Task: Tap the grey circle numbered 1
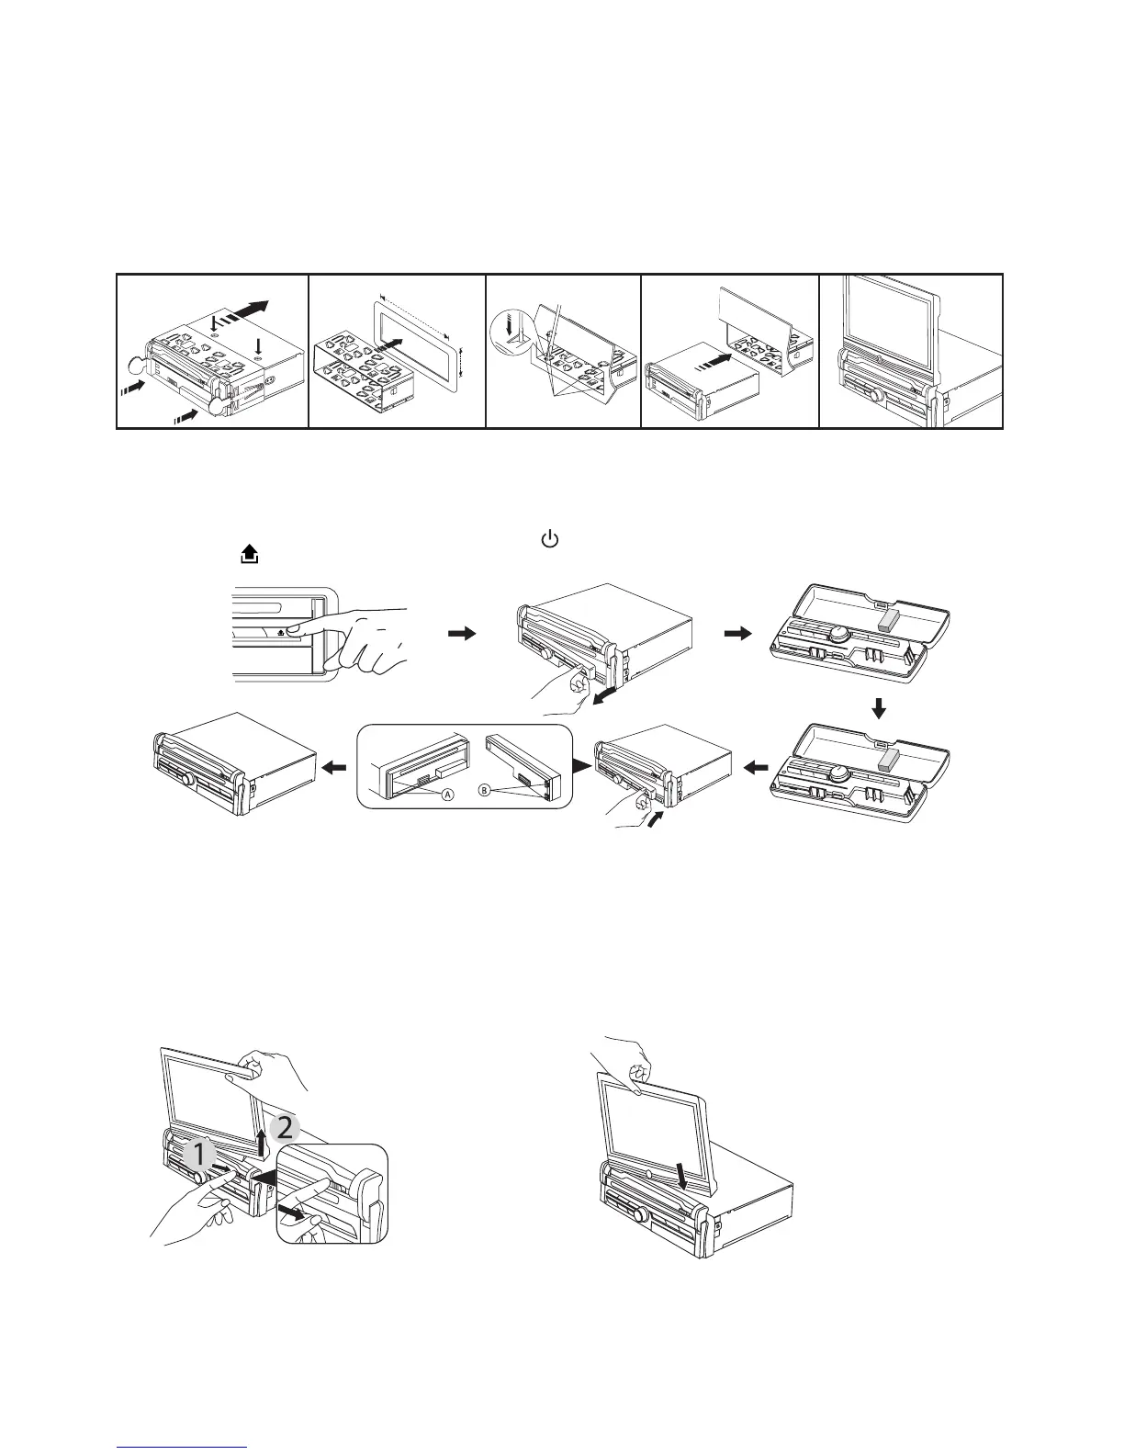pyautogui.click(x=197, y=1155)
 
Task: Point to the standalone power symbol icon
pyautogui.click(x=549, y=540)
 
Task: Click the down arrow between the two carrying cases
pyautogui.click(x=879, y=708)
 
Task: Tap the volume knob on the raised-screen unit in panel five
pyautogui.click(x=878, y=396)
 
